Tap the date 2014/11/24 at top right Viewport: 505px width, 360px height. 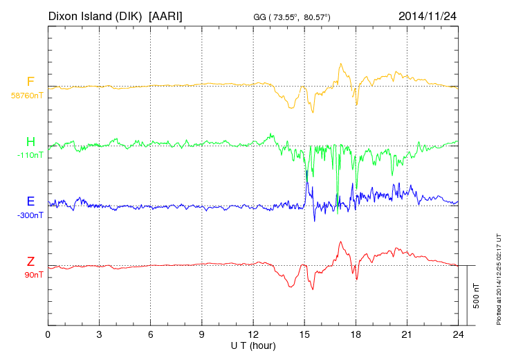(x=428, y=15)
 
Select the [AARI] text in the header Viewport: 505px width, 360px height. (x=165, y=15)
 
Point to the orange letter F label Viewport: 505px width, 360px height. (x=30, y=82)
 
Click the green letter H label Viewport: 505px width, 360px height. (x=30, y=142)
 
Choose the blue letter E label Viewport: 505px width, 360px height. (x=30, y=201)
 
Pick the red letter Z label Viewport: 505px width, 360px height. (x=30, y=261)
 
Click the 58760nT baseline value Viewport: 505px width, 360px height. (x=26, y=96)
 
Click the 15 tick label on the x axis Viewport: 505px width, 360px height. (x=304, y=334)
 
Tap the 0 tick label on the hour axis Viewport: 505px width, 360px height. (x=48, y=334)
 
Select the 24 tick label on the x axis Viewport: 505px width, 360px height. (x=458, y=334)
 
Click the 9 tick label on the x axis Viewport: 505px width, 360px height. (x=202, y=334)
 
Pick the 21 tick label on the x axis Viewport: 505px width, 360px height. (x=407, y=334)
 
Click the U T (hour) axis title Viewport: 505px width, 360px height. (x=253, y=345)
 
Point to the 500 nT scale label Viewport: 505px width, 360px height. (x=477, y=296)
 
